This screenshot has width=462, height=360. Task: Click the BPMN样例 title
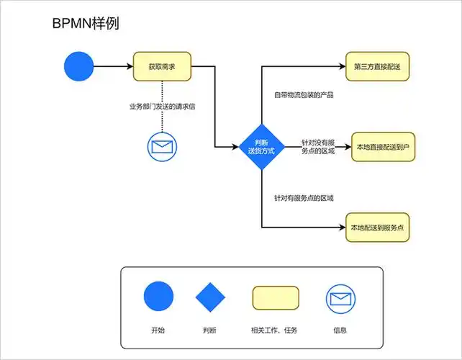point(86,24)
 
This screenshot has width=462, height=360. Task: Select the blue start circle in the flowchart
point(79,67)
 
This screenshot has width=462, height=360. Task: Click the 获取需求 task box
point(162,67)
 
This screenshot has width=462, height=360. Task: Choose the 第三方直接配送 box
point(377,66)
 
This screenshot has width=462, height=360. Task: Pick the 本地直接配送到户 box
point(383,147)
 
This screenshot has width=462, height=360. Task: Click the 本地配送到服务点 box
point(377,228)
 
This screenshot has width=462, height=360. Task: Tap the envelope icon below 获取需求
point(162,147)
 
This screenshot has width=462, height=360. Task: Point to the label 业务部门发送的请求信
point(162,107)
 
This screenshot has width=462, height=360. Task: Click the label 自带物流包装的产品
point(303,94)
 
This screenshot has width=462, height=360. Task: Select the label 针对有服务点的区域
point(303,197)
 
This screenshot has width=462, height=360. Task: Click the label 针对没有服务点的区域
point(318,147)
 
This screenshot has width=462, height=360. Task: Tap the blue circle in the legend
point(158,297)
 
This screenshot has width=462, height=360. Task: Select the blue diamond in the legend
point(210,297)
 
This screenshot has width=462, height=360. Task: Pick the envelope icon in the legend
point(340,297)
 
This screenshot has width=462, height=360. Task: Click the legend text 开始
point(158,330)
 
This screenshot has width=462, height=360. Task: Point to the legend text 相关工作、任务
point(274,330)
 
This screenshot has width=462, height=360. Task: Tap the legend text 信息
point(340,330)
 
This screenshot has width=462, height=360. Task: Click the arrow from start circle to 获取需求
point(113,67)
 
